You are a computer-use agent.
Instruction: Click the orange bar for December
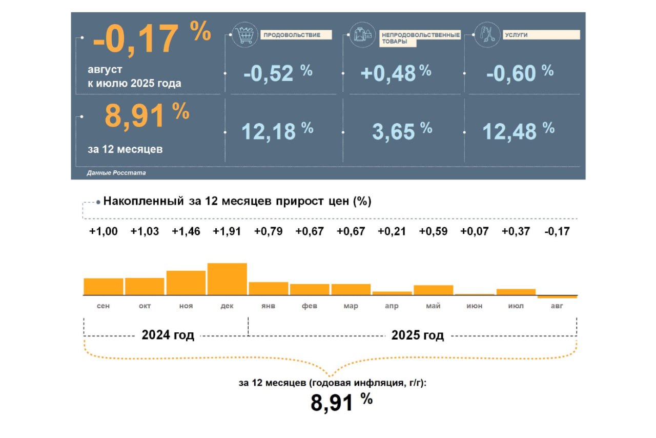[x=227, y=279]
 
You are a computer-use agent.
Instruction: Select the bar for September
[x=104, y=286]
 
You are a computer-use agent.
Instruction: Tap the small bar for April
[x=392, y=293]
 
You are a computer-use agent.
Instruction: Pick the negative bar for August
[x=557, y=297]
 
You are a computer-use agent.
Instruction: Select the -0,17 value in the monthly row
[x=557, y=231]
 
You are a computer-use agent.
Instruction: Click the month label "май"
[x=433, y=306]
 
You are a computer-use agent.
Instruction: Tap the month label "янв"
[x=268, y=306]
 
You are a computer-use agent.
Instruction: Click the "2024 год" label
[x=168, y=336]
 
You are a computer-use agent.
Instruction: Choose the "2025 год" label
[x=418, y=336]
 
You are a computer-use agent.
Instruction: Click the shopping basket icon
[x=243, y=36]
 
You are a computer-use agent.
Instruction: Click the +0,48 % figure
[x=396, y=73]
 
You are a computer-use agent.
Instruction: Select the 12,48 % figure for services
[x=518, y=131]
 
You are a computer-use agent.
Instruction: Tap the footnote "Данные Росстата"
[x=116, y=173]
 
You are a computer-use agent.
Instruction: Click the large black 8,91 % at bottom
[x=341, y=402]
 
